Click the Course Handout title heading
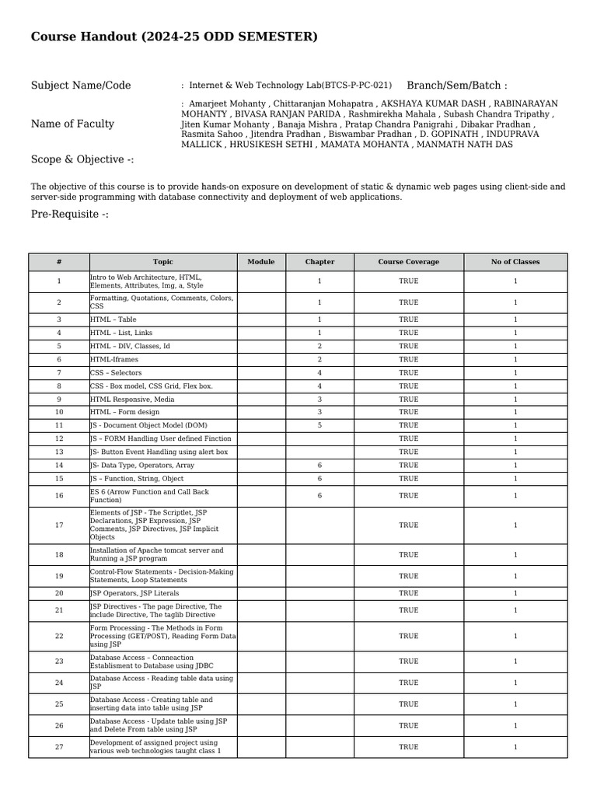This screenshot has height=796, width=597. pyautogui.click(x=174, y=37)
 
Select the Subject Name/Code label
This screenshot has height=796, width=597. pyautogui.click(x=81, y=86)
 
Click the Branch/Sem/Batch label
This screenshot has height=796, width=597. pyautogui.click(x=456, y=86)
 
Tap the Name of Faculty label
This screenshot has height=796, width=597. pyautogui.click(x=72, y=124)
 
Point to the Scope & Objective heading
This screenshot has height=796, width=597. pyautogui.click(x=82, y=159)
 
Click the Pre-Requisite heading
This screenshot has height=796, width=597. pyautogui.click(x=70, y=215)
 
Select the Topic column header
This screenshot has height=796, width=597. pyautogui.click(x=163, y=262)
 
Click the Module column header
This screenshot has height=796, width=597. pyautogui.click(x=261, y=262)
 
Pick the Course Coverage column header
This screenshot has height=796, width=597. pyautogui.click(x=408, y=262)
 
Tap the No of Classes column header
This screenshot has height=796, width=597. pyautogui.click(x=515, y=262)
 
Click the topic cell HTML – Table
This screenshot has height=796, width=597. pyautogui.click(x=113, y=319)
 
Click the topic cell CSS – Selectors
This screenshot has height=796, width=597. pyautogui.click(x=116, y=372)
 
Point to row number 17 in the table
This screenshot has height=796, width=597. pyautogui.click(x=59, y=525)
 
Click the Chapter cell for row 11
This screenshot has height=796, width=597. pyautogui.click(x=319, y=425)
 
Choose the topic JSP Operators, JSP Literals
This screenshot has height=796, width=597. pyautogui.click(x=134, y=593)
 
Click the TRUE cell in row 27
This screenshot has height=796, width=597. pyautogui.click(x=408, y=747)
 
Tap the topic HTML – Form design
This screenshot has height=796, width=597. pyautogui.click(x=125, y=412)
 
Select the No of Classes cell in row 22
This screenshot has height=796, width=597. pyautogui.click(x=515, y=636)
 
